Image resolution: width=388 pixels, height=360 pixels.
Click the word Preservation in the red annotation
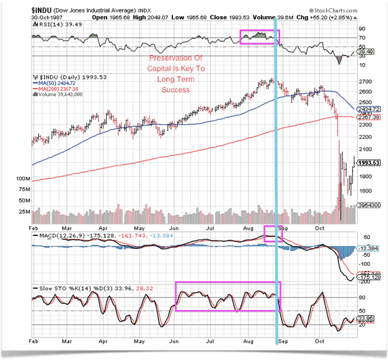[x=163, y=59]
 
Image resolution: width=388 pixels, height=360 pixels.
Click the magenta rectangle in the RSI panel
[x=260, y=36]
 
